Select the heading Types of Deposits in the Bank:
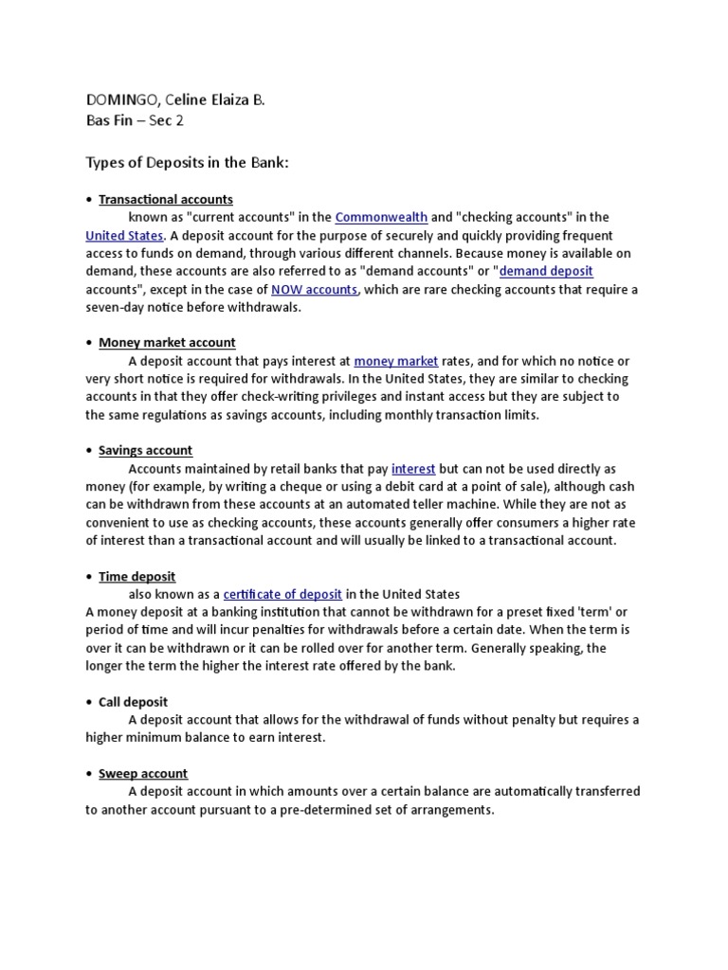[x=187, y=163]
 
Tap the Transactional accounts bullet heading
[x=166, y=200]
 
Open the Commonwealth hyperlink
[x=381, y=218]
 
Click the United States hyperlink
[x=124, y=236]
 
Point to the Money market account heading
[x=167, y=343]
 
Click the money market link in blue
[x=396, y=361]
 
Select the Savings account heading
[x=146, y=451]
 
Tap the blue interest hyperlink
[x=413, y=469]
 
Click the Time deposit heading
[x=137, y=577]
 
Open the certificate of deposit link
[x=282, y=595]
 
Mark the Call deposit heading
[x=134, y=703]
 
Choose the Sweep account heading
[x=143, y=774]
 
